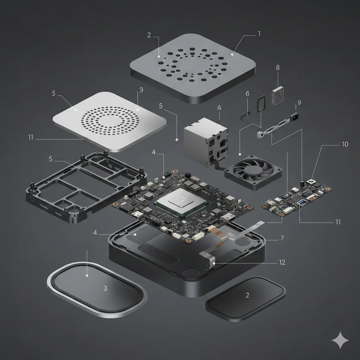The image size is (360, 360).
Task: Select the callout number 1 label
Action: point(259,34)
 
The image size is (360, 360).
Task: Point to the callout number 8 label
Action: point(278,67)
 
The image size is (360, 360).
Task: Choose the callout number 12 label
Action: point(282,262)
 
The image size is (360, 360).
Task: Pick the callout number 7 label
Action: point(282,238)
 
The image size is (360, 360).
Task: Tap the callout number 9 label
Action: point(299,103)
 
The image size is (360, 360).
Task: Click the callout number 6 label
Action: point(247,94)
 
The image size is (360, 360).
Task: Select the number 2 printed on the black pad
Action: point(247,295)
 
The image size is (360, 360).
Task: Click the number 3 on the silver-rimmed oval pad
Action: point(105,288)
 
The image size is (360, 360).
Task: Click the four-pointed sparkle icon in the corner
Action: point(340,341)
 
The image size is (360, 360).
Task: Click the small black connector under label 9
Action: point(295,116)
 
